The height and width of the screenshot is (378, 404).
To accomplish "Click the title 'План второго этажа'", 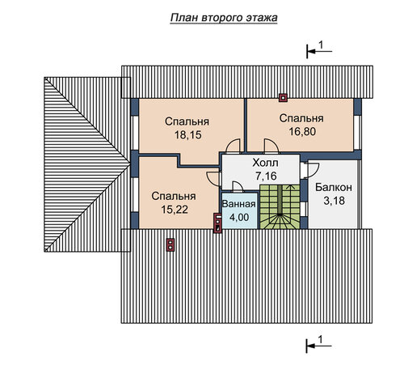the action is coord(224,18).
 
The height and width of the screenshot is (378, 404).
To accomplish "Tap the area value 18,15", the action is coord(188,134).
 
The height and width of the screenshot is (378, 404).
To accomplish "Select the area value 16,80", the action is coord(302,131).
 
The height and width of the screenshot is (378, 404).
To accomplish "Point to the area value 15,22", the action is coord(175,210).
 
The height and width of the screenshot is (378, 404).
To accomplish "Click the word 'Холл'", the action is coord(265,163).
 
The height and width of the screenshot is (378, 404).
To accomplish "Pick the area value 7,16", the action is coord(266,176).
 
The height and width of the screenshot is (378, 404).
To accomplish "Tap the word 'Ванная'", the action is coord(238,204).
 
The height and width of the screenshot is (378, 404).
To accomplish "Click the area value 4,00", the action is coord(239,217).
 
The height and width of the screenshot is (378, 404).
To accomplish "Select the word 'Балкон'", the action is coord(334,187).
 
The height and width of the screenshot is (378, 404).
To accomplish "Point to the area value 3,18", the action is coord(334,201).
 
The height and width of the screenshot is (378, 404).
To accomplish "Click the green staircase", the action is coord(280,206).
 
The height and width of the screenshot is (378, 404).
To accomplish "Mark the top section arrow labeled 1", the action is coord(319,51).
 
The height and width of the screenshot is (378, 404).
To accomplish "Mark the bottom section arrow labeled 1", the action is coord(319,346).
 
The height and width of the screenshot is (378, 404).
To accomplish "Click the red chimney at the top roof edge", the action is coord(283,98).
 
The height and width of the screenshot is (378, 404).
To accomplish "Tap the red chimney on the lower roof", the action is coord(170,245).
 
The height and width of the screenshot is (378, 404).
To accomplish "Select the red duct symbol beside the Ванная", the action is coord(217,223).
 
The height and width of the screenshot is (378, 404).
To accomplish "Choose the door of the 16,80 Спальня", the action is coord(271,146).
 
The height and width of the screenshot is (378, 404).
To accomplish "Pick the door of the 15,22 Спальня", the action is coord(213,179).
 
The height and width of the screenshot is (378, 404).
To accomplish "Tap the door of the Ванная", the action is coord(238,186).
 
